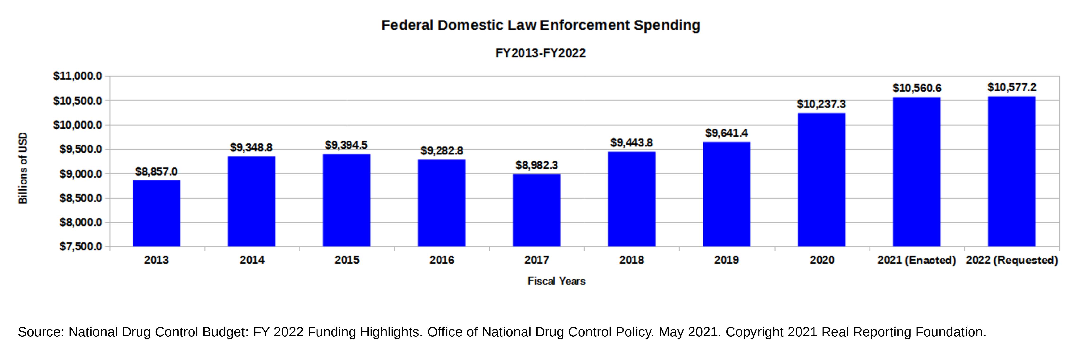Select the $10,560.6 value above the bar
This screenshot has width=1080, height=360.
pos(917,88)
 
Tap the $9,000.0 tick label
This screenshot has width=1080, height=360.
pos(81,174)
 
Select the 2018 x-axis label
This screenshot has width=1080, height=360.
pos(631,260)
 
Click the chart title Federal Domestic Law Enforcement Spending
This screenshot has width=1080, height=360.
pos(540,25)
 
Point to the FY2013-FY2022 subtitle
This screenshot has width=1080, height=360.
pos(540,53)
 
